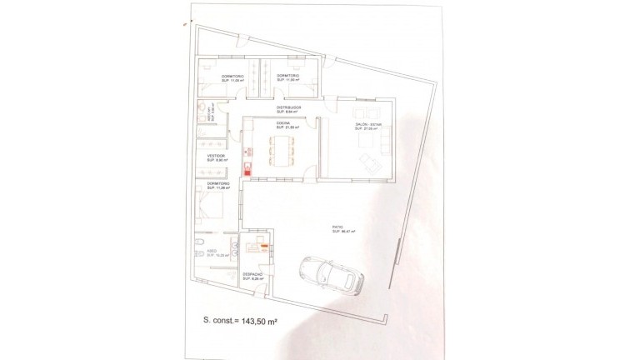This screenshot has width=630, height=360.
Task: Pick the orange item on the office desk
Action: pos(264,246)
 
